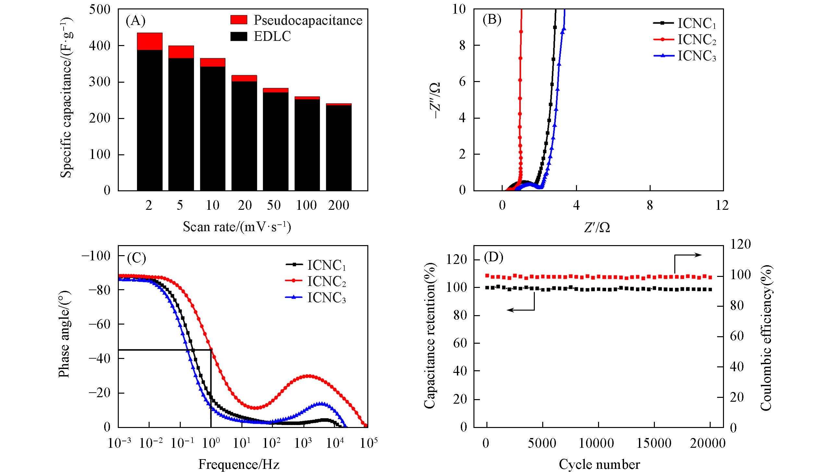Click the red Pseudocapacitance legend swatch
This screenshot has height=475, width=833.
pyautogui.click(x=239, y=19)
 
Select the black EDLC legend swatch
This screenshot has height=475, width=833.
pyautogui.click(x=239, y=36)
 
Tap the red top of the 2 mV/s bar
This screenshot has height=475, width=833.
pyautogui.click(x=150, y=41)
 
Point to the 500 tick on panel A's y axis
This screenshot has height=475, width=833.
pyautogui.click(x=100, y=9)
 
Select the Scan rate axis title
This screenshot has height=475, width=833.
pyautogui.click(x=237, y=226)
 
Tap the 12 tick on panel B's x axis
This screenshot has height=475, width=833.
pyautogui.click(x=722, y=206)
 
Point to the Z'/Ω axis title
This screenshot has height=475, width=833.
pyautogui.click(x=597, y=227)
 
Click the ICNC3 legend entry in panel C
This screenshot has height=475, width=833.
pyautogui.click(x=315, y=298)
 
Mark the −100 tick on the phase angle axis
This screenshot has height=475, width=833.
pyautogui.click(x=97, y=256)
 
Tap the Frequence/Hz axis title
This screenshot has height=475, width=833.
pyautogui.click(x=239, y=464)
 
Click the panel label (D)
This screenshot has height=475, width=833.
pyautogui.click(x=493, y=257)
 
